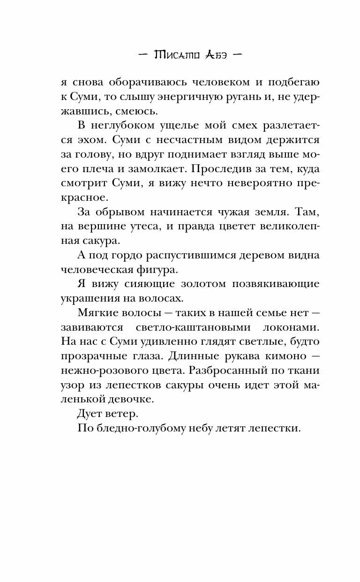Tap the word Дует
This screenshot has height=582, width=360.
pos(89,414)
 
